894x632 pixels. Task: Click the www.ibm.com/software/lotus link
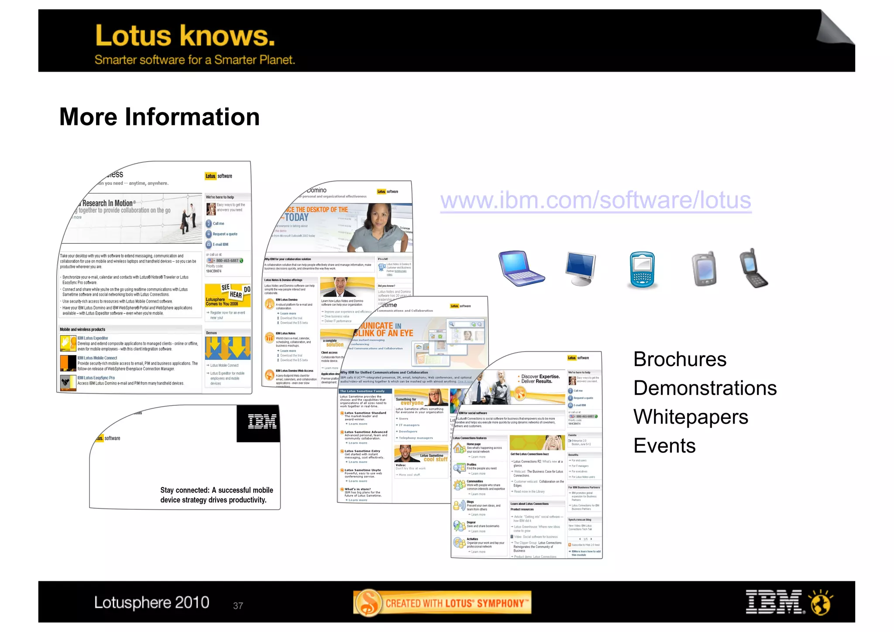click(595, 200)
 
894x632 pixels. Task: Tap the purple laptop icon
click(521, 268)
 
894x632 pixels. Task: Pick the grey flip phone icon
click(704, 269)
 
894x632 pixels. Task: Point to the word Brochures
click(679, 359)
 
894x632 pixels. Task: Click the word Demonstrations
click(705, 388)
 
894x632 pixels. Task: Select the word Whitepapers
click(690, 417)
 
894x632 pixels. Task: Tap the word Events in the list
click(664, 446)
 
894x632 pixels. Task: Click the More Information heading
click(159, 117)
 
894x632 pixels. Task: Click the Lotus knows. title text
click(185, 36)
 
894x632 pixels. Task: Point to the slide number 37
click(238, 606)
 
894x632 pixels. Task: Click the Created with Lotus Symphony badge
click(442, 603)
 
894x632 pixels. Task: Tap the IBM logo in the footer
click(774, 602)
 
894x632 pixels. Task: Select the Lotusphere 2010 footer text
click(151, 603)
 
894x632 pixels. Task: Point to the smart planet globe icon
click(821, 602)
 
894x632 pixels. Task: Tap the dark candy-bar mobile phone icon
click(753, 269)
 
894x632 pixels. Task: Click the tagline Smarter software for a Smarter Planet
click(195, 60)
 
